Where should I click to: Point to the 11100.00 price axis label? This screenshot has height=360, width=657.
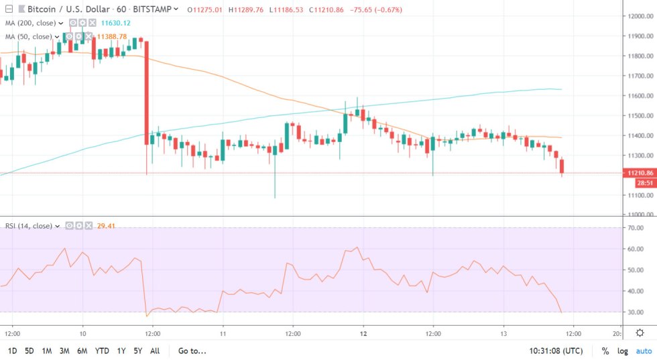pyautogui.click(x=638, y=194)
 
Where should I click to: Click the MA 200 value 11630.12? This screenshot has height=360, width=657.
pyautogui.click(x=115, y=23)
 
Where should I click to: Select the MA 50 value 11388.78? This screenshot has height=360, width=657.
pyautogui.click(x=112, y=36)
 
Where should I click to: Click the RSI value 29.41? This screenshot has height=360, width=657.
pyautogui.click(x=105, y=226)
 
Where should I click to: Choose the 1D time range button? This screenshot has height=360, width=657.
pyautogui.click(x=13, y=351)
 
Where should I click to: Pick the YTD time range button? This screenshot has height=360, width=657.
pyautogui.click(x=102, y=351)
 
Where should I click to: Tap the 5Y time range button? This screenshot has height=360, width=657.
pyautogui.click(x=137, y=351)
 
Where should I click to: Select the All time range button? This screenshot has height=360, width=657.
pyautogui.click(x=155, y=351)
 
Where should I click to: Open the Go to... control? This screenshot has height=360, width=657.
pyautogui.click(x=192, y=351)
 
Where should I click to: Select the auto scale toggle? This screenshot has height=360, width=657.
pyautogui.click(x=644, y=351)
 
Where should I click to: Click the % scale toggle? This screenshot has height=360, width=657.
pyautogui.click(x=605, y=351)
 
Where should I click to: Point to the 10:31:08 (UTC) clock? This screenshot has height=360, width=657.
pyautogui.click(x=556, y=351)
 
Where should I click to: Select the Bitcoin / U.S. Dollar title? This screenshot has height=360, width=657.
pyautogui.click(x=65, y=9)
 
